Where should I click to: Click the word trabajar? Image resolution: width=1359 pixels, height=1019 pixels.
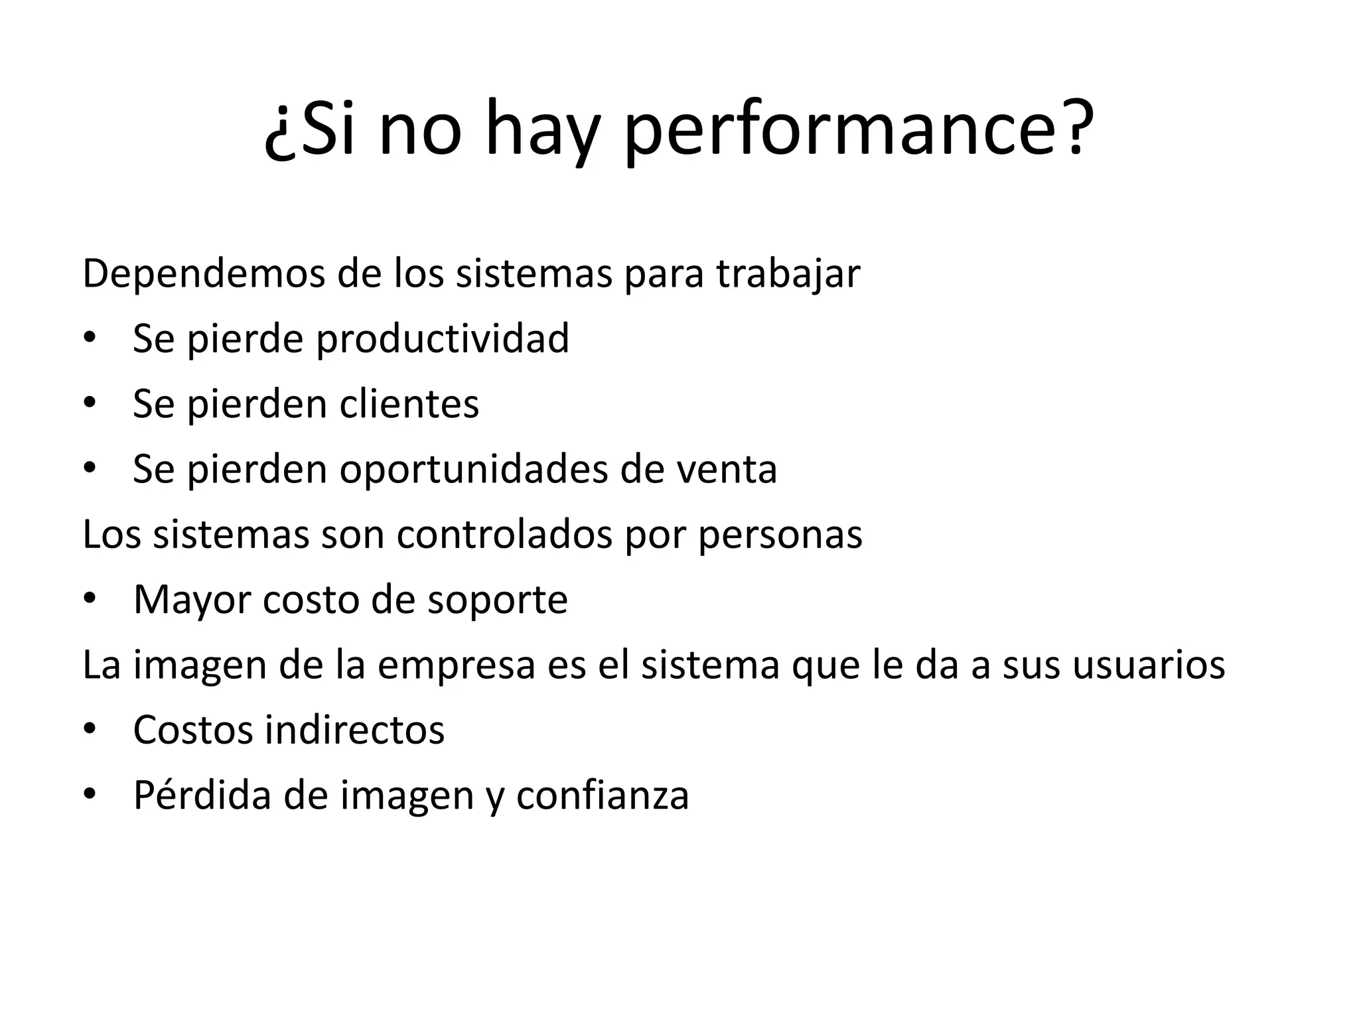pos(788,274)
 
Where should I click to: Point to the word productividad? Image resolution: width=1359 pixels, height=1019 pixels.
pos(442,338)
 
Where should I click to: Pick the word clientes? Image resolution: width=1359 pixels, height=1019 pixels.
pos(409,403)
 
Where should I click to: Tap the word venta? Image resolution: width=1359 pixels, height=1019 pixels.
pos(727,469)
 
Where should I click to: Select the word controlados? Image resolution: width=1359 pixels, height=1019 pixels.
pos(504,534)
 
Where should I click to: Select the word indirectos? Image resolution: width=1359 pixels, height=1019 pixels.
pos(354,730)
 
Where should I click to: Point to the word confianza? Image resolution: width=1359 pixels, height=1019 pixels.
pos(602,795)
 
